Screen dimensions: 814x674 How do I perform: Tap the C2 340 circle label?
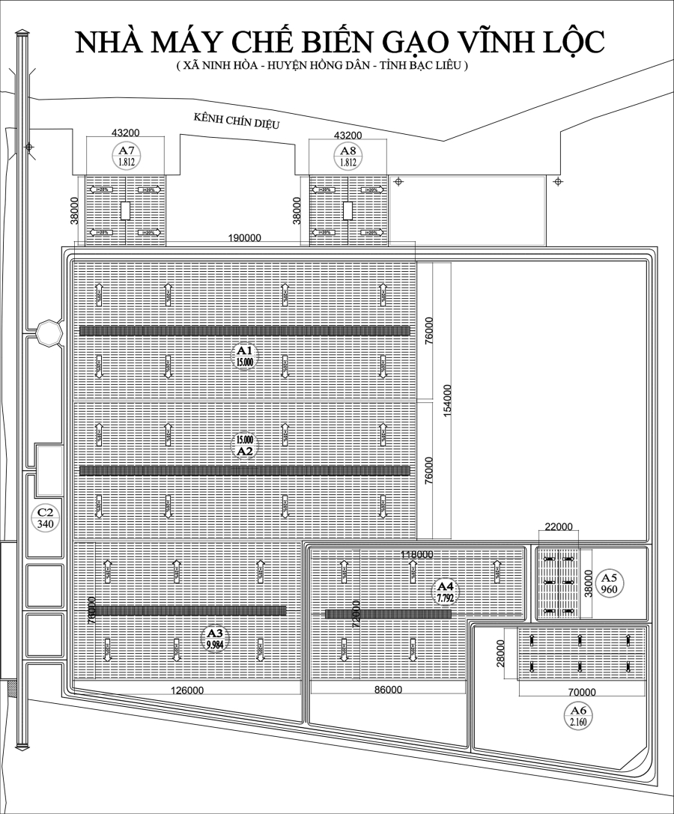tap(45, 517)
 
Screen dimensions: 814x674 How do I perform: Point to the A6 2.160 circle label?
tap(577, 715)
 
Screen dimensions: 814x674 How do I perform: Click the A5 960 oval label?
tap(610, 583)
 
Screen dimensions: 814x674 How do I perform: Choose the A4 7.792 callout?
tap(445, 592)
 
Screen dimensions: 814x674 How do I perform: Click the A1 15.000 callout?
tap(245, 355)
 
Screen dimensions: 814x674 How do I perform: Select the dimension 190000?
tap(245, 238)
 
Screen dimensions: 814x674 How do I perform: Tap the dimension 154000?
tap(446, 401)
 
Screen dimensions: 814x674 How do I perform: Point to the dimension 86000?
tap(387, 690)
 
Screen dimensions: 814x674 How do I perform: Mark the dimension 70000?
tap(582, 692)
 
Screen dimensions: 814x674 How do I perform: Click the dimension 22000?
tap(558, 527)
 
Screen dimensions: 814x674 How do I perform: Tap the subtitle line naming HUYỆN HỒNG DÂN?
tap(322, 66)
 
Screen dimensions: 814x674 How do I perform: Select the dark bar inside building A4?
tap(388, 614)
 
